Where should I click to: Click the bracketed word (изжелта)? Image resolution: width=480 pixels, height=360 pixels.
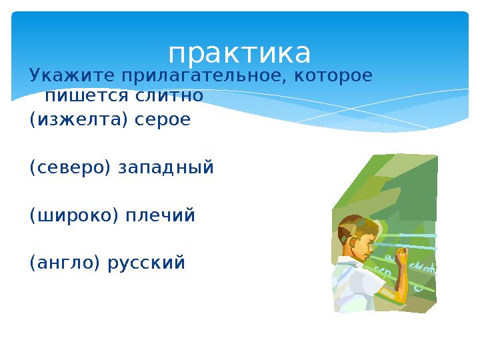[79, 120]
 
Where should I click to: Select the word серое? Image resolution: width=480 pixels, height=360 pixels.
[163, 120]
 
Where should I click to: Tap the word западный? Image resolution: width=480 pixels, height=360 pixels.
[166, 167]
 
